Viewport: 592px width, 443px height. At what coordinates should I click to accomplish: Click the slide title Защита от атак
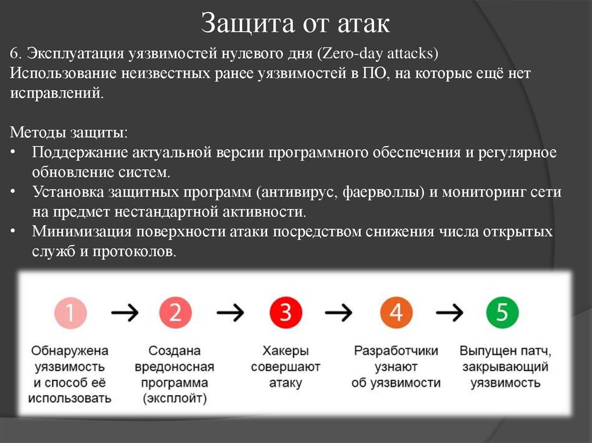295,24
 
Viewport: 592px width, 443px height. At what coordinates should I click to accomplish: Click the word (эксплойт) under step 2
175,399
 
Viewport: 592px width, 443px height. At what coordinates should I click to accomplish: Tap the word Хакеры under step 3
286,351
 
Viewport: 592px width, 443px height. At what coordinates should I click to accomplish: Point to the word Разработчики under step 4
396,351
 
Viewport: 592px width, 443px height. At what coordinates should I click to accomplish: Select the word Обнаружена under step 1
70,351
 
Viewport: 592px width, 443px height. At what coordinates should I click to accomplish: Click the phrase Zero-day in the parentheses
345,54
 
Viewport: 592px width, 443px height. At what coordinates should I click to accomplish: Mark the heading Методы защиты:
69,132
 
